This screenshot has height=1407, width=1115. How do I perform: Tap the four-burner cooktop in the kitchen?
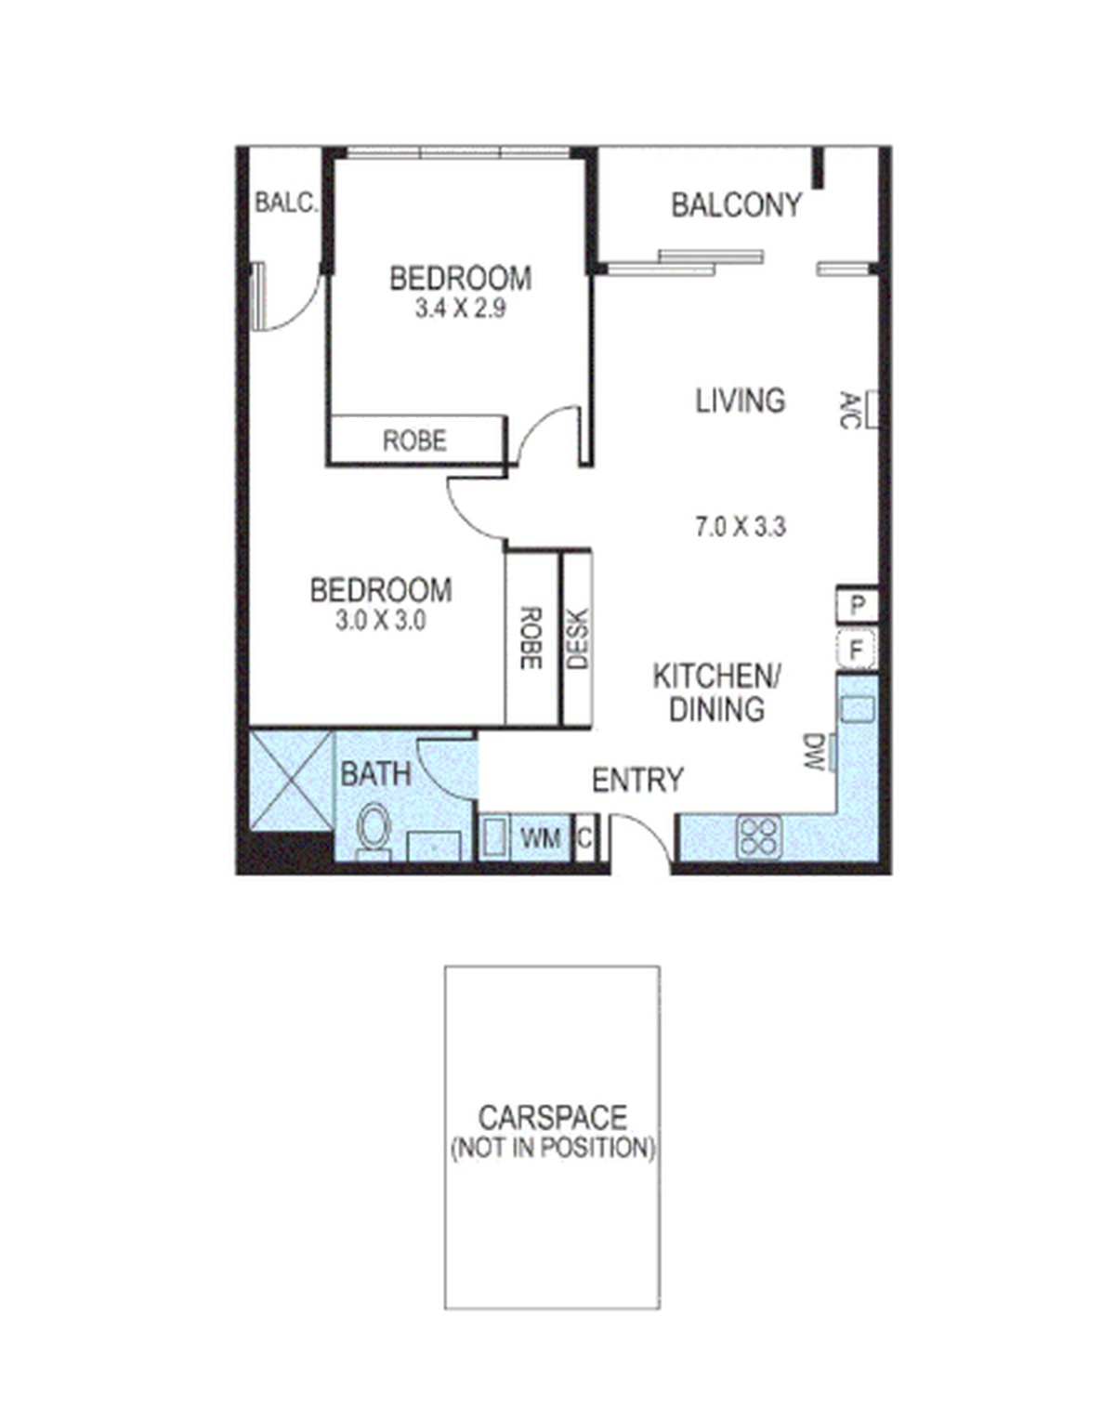[x=758, y=837]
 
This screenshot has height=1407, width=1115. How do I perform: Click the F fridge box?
[x=857, y=650]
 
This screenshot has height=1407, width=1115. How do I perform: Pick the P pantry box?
[x=858, y=605]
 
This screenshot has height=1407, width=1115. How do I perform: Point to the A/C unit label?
[x=849, y=410]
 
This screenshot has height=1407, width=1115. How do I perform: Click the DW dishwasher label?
[x=814, y=752]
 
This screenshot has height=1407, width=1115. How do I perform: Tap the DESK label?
[x=578, y=638]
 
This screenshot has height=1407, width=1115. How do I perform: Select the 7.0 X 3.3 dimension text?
[x=741, y=526]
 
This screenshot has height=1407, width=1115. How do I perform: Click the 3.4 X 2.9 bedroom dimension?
[x=460, y=308]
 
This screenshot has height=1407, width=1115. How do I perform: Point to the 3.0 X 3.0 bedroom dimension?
[x=381, y=620]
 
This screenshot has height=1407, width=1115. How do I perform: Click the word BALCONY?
[x=736, y=205]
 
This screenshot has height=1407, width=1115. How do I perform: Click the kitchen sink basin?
[x=857, y=709]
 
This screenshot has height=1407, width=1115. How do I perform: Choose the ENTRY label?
[x=637, y=780]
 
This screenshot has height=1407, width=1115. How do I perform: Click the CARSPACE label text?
[x=553, y=1117]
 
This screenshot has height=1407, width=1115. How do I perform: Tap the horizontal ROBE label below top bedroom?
[x=414, y=441]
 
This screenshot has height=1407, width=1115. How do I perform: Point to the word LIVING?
[x=741, y=401]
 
